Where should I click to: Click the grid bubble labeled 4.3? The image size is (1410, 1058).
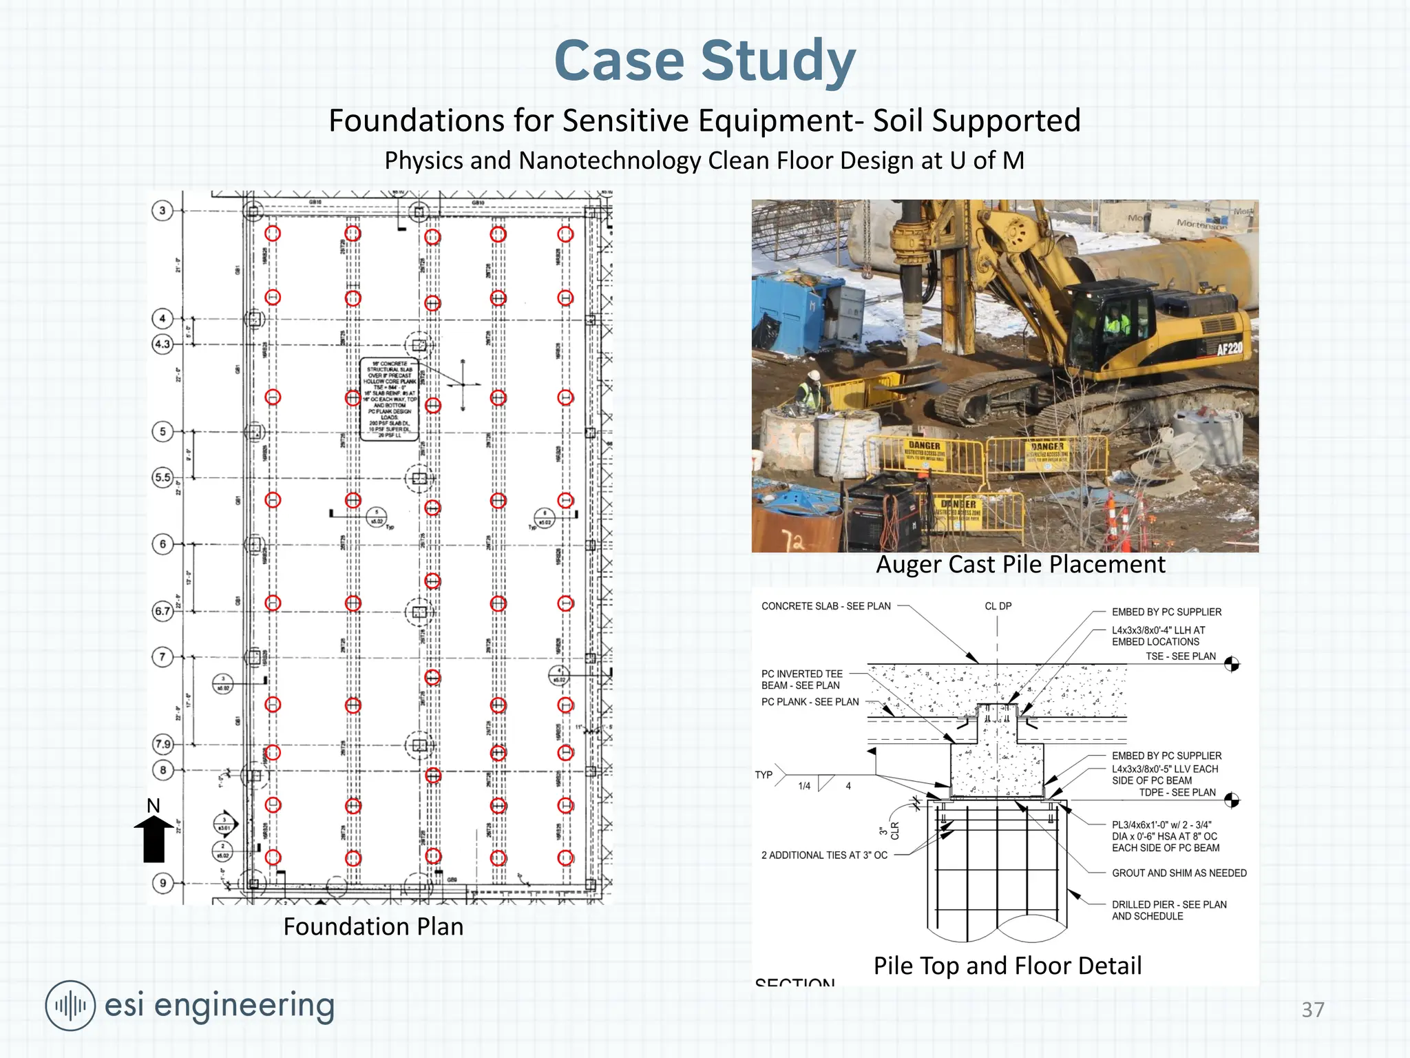(162, 344)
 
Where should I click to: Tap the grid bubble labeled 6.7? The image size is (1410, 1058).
(162, 611)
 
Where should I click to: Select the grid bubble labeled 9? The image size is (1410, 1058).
(162, 883)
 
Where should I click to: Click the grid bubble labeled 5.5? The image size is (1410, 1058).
(162, 477)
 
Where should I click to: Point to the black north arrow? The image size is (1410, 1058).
(154, 838)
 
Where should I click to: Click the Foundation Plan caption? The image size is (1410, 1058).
(373, 926)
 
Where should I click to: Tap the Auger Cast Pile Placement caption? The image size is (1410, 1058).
(1020, 565)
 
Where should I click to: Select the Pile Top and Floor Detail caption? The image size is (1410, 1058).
(1007, 966)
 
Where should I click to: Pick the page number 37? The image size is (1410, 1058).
(1312, 1010)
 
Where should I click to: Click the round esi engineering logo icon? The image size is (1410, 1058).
(70, 1006)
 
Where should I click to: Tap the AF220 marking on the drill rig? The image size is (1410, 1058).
(1229, 349)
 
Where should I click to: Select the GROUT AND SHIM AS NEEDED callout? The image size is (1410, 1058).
(1179, 873)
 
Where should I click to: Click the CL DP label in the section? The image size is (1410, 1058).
(998, 606)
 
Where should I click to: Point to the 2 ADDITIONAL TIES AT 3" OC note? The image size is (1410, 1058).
(824, 855)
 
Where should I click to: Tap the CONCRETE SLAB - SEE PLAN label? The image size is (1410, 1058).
(825, 606)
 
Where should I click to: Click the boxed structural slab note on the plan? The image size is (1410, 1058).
(389, 399)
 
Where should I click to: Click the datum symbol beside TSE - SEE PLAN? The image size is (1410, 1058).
(1232, 664)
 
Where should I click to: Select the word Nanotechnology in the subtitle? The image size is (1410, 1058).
(610, 160)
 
